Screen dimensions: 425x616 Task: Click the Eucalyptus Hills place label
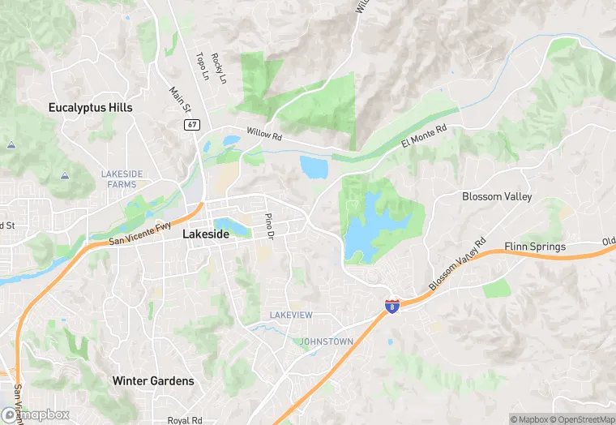(x=90, y=107)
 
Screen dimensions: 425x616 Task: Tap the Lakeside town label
(x=206, y=234)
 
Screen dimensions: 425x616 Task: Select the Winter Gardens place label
(x=153, y=380)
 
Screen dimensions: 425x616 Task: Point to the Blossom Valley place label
(x=497, y=197)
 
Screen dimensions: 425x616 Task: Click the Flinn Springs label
(x=535, y=246)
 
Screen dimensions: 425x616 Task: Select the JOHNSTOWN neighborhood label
(x=327, y=341)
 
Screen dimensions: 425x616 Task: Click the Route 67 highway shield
(x=191, y=124)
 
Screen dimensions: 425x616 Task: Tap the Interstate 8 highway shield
(x=391, y=306)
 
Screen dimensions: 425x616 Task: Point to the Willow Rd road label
(x=264, y=135)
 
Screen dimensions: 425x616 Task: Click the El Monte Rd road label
(x=424, y=136)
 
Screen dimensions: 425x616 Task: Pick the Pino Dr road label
(x=268, y=225)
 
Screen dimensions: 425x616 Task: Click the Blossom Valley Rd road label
(x=456, y=266)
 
